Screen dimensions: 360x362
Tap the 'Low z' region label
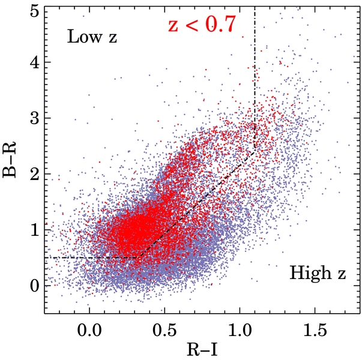pos(91,38)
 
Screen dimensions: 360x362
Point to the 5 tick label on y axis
pos(37,10)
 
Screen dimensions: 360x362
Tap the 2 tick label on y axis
pos(37,175)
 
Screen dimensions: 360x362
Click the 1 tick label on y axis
pos(37,230)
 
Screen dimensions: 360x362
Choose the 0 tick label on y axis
pos(37,285)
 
